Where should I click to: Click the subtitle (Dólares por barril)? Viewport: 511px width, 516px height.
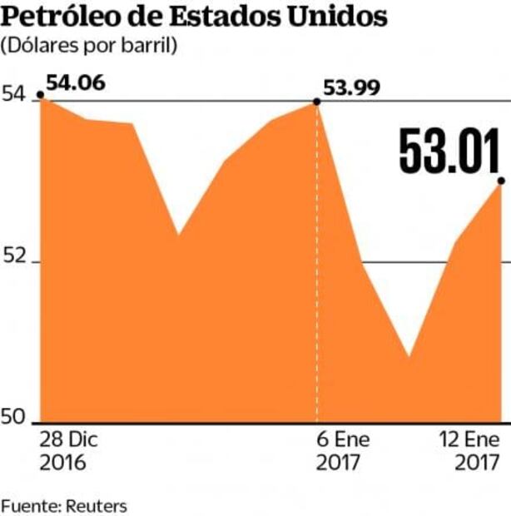pyautogui.click(x=90, y=47)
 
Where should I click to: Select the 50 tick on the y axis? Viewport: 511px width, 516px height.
pyautogui.click(x=17, y=418)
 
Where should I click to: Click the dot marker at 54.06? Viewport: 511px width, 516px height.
pyautogui.click(x=42, y=98)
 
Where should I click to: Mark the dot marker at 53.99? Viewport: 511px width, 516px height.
pyautogui.click(x=316, y=102)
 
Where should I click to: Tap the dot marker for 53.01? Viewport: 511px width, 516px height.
pyautogui.click(x=500, y=181)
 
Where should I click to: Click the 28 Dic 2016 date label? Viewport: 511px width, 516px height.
pyautogui.click(x=64, y=450)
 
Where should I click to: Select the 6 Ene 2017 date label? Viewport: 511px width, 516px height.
pyautogui.click(x=343, y=450)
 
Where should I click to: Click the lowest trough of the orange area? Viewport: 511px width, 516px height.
pyautogui.click(x=409, y=357)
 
